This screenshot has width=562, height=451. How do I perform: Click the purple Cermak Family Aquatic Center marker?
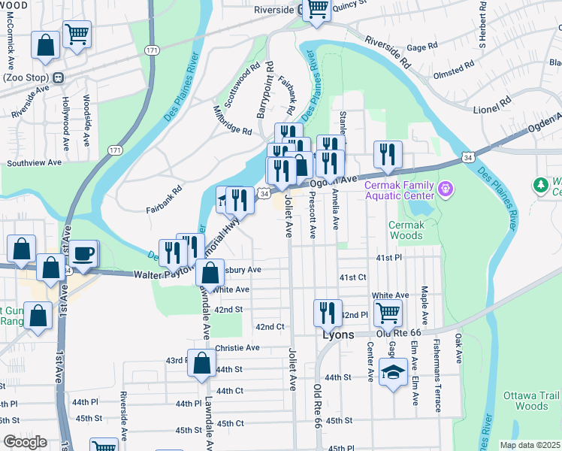pyautogui.click(x=446, y=186)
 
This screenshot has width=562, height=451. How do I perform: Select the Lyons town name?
pyautogui.click(x=338, y=335)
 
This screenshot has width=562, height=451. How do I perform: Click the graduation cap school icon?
pyautogui.click(x=393, y=372)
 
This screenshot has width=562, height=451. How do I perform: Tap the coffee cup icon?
pyautogui.click(x=84, y=253)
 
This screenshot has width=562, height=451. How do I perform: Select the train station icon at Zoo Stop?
pyautogui.click(x=58, y=77)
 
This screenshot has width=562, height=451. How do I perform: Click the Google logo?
pyautogui.click(x=25, y=442)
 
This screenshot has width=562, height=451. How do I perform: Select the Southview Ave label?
pyautogui.click(x=34, y=162)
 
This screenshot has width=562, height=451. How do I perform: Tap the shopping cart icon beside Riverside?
pyautogui.click(x=317, y=9)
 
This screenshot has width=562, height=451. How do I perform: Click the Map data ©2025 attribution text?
pyautogui.click(x=530, y=445)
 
